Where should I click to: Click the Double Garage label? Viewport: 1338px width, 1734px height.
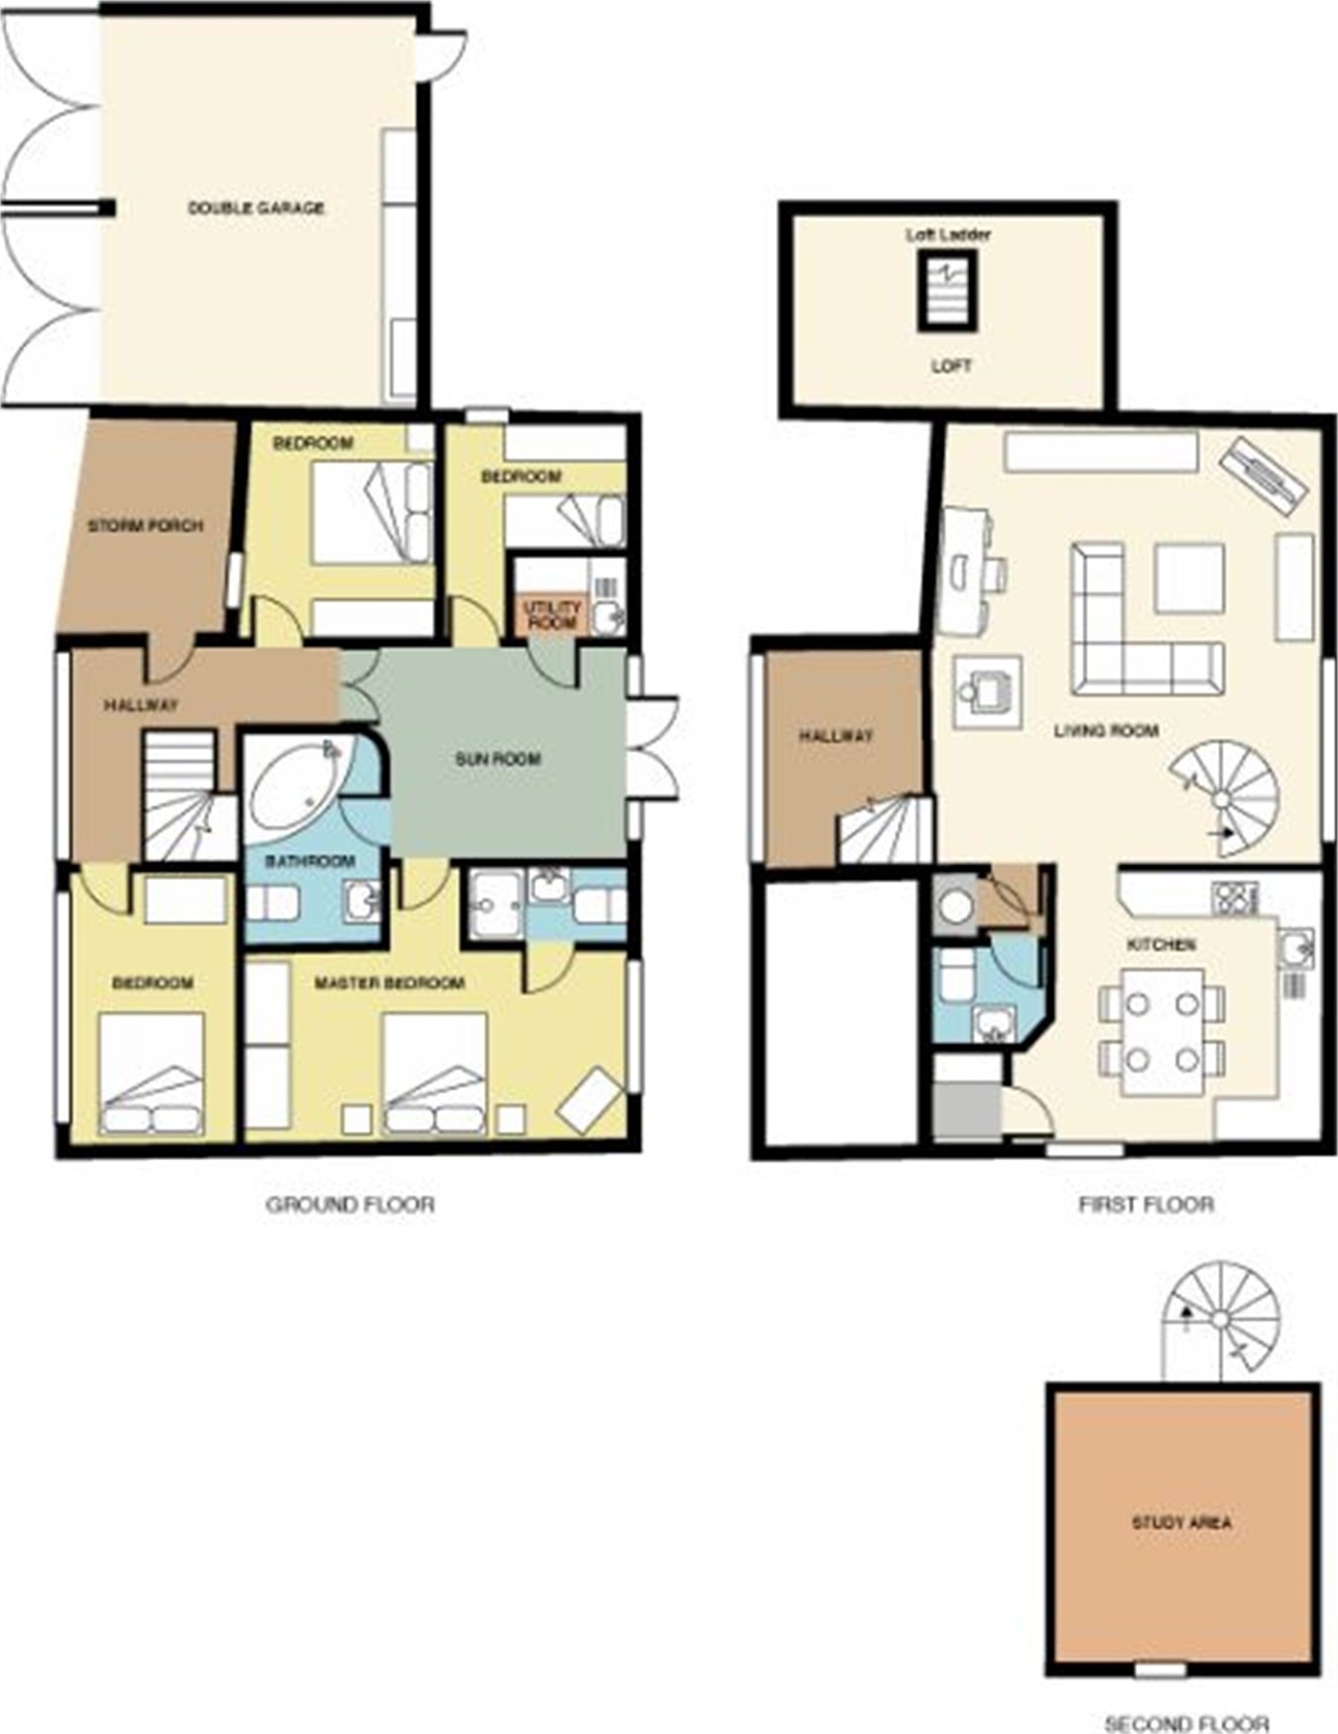(x=256, y=208)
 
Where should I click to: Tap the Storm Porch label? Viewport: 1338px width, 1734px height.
(x=146, y=525)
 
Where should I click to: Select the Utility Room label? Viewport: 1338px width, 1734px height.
(x=553, y=615)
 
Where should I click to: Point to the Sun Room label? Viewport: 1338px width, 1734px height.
(x=498, y=759)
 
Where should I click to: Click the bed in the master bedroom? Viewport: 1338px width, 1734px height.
(x=434, y=1074)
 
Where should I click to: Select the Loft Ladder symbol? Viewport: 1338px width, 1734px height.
(x=948, y=290)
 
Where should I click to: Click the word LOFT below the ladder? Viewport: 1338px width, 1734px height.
(x=951, y=366)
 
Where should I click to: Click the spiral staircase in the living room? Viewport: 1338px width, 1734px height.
(x=1225, y=799)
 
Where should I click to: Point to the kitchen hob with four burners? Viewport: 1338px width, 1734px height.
(x=1235, y=898)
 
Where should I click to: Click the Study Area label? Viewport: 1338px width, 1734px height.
(x=1181, y=1522)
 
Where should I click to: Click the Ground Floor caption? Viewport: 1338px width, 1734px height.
(x=350, y=1205)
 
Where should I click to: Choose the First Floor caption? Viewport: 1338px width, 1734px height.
(x=1146, y=1205)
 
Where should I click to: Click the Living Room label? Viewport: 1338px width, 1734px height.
(x=1106, y=731)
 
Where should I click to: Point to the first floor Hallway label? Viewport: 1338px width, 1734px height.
(x=836, y=736)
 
